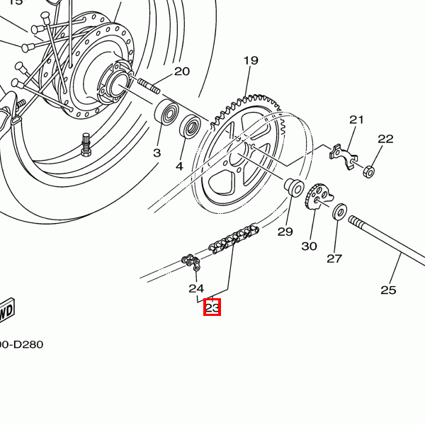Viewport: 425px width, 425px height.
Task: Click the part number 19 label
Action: coord(251,61)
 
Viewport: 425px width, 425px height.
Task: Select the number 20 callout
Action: coord(182,72)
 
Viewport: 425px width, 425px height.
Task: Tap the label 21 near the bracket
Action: coord(356,120)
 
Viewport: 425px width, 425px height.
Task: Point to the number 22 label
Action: coord(385,139)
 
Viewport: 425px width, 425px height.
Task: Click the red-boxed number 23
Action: coord(212,307)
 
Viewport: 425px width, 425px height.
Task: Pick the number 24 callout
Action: coord(196,288)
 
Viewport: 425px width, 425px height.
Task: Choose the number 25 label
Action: coord(388,290)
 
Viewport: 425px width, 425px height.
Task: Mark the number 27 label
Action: coord(334,259)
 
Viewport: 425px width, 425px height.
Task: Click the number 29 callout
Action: coord(285,232)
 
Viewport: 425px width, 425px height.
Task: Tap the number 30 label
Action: coord(309,246)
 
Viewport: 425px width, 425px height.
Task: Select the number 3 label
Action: coord(157,152)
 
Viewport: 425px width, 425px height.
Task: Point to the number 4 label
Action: coord(179,166)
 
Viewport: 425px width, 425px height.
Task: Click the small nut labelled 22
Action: coord(368,171)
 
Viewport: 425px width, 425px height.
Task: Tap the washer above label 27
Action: coord(340,211)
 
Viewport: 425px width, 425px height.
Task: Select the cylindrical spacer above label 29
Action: coord(294,188)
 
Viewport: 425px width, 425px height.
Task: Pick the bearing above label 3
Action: coord(167,112)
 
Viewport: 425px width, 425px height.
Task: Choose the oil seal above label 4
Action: coord(190,127)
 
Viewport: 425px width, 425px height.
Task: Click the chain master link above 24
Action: coord(192,263)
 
